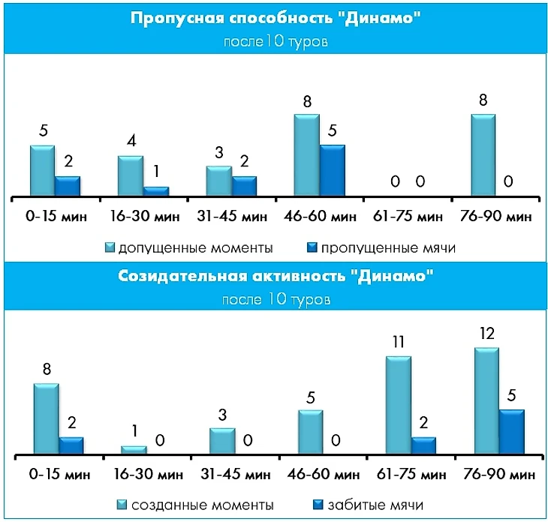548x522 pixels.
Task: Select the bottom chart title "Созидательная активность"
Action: click(x=275, y=276)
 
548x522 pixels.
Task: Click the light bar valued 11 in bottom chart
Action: click(x=398, y=406)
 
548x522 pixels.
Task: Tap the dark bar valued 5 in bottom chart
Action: click(x=511, y=432)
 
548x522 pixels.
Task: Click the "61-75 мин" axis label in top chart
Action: click(x=408, y=217)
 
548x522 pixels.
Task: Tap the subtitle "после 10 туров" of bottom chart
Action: click(x=275, y=299)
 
